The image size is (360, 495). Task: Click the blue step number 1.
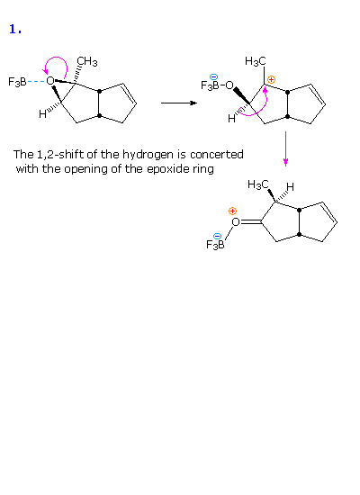15,30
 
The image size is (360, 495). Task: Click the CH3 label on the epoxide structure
87,61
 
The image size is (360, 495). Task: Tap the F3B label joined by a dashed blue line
17,82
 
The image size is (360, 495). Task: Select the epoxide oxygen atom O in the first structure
49,81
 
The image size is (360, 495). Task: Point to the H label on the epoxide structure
42,114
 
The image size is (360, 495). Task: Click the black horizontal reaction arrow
179,103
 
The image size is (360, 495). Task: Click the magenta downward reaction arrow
285,148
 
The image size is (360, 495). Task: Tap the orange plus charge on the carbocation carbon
271,79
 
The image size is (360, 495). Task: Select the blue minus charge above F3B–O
214,76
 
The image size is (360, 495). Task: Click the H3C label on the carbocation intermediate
256,61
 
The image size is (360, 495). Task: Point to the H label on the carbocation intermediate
231,119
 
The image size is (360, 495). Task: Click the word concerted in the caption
217,155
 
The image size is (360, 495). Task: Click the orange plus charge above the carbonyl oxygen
232,211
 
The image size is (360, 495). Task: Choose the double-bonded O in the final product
236,222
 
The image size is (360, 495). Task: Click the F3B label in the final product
215,244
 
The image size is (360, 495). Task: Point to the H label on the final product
290,187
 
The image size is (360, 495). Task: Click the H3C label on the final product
258,184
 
